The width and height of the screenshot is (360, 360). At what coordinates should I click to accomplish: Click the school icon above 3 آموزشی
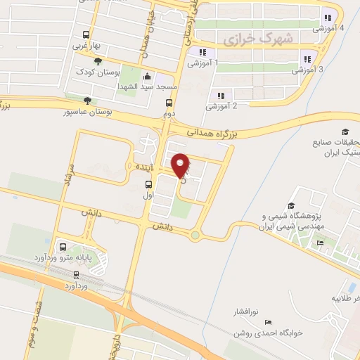coord(307,59)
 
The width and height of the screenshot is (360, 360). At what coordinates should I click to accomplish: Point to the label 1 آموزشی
coord(202,63)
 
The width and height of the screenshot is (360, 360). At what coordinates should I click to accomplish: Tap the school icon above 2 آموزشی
coord(221,96)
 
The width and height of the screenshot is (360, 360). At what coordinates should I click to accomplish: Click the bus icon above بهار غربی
coord(86,34)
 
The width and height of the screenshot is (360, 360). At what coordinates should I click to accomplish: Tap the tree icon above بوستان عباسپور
coord(86,101)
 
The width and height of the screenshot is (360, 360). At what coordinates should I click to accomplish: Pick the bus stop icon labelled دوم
coord(169,103)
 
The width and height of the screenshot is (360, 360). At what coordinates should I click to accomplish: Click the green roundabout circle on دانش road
coord(194,236)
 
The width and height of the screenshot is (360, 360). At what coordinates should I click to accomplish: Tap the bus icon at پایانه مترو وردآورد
coord(63,247)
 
